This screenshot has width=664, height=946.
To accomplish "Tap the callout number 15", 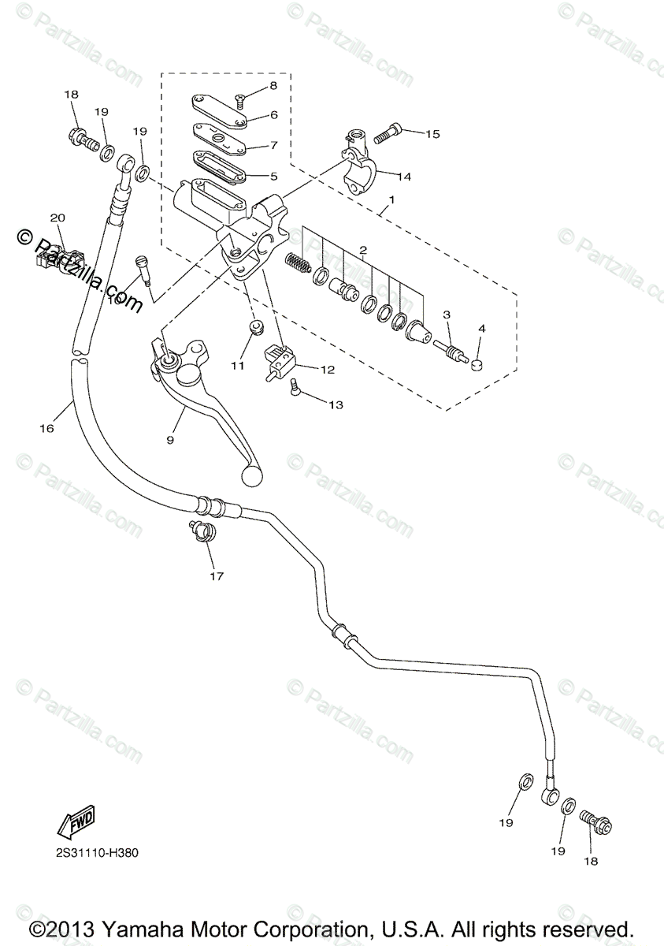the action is click(432, 134).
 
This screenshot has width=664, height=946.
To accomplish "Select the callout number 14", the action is click(404, 177).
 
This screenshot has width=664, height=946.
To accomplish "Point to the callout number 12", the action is click(328, 368).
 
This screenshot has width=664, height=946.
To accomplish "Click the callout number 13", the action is click(336, 404).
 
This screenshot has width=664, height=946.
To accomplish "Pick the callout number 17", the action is click(217, 576).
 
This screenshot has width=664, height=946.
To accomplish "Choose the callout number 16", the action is click(46, 428).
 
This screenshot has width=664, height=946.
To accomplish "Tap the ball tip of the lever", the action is click(252, 475).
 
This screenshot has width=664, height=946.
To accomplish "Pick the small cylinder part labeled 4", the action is click(476, 363).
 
